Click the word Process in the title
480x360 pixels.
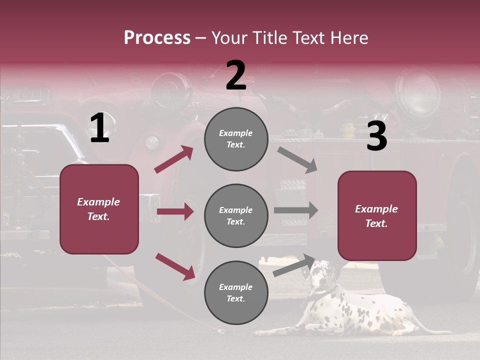pyautogui.click(x=157, y=37)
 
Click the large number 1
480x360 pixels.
pyautogui.click(x=99, y=128)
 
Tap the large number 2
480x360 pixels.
pyautogui.click(x=236, y=75)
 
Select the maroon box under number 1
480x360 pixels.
pyautogui.click(x=99, y=209)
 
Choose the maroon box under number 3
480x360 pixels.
pyautogui.click(x=377, y=215)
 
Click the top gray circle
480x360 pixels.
pyautogui.click(x=236, y=139)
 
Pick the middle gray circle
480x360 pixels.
pyautogui.click(x=236, y=215)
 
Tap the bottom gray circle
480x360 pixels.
pyautogui.click(x=236, y=292)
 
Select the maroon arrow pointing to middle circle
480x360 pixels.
pyautogui.click(x=174, y=211)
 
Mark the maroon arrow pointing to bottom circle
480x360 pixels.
pyautogui.click(x=174, y=266)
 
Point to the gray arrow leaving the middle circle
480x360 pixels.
pyautogui.click(x=295, y=210)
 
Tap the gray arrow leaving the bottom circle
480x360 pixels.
pyautogui.click(x=294, y=265)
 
